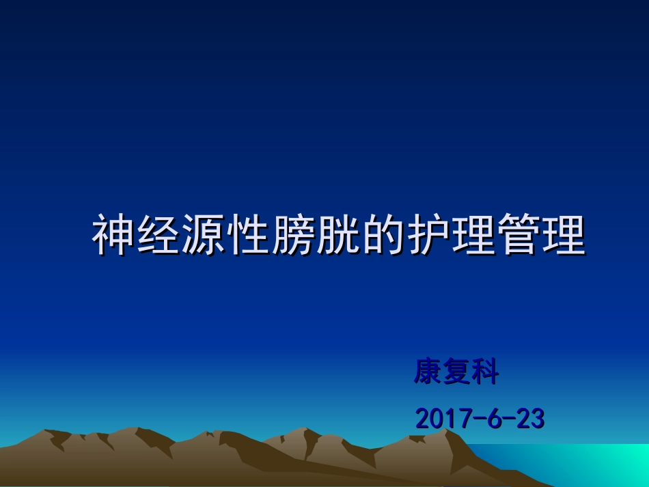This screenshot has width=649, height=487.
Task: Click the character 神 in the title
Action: point(113,236)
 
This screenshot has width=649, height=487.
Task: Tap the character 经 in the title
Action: point(158,236)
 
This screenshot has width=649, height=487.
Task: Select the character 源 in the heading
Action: point(203,236)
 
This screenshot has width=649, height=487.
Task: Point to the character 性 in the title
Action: point(248,236)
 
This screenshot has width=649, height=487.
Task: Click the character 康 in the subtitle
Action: point(428,373)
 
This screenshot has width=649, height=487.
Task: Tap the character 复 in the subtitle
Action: point(457,373)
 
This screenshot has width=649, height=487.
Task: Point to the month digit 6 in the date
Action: point(493,419)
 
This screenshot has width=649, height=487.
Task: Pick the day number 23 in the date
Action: point(530,419)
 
